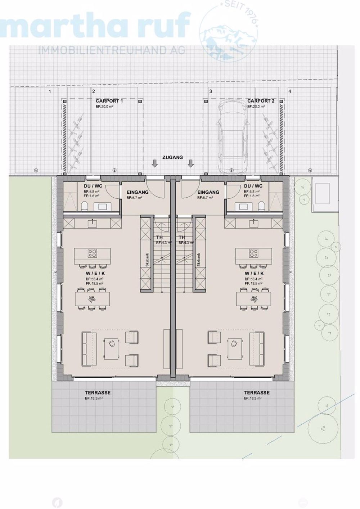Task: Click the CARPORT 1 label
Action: [x=109, y=101]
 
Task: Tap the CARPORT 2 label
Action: [x=261, y=101]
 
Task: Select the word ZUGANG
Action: [x=172, y=157]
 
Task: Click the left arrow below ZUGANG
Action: [x=154, y=164]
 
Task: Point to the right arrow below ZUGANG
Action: [x=191, y=164]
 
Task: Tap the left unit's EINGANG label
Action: [x=138, y=192]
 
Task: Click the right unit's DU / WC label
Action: [x=253, y=186]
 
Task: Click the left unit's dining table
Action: [x=92, y=298]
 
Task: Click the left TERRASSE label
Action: [x=98, y=393]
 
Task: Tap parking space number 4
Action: [x=290, y=91]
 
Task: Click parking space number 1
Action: [x=50, y=91]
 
